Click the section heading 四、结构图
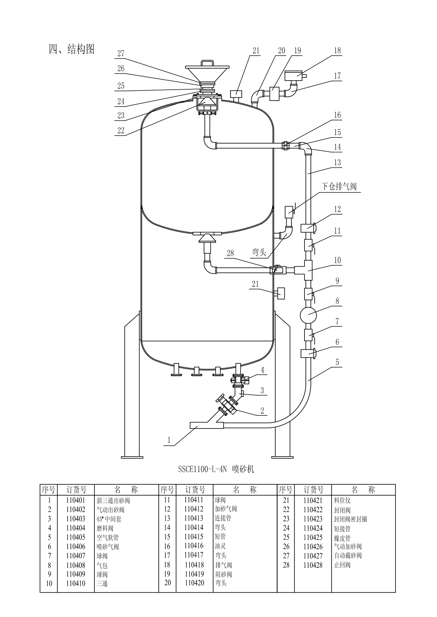tap(72, 49)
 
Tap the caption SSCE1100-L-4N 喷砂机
tap(216, 469)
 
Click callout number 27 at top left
tap(121, 53)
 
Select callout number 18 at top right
tap(337, 50)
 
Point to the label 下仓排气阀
tap(339, 186)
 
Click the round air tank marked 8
tap(308, 315)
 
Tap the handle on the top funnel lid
tap(208, 63)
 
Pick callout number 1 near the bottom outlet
tap(169, 440)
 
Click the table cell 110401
tap(76, 500)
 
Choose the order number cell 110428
tap(313, 565)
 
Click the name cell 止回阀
tap(342, 565)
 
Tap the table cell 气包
tap(102, 565)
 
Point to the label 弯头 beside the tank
tap(259, 252)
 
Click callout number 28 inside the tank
tap(230, 253)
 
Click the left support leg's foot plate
tap(133, 457)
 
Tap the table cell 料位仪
tap(342, 500)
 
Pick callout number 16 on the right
tap(337, 115)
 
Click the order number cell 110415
tap(194, 537)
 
